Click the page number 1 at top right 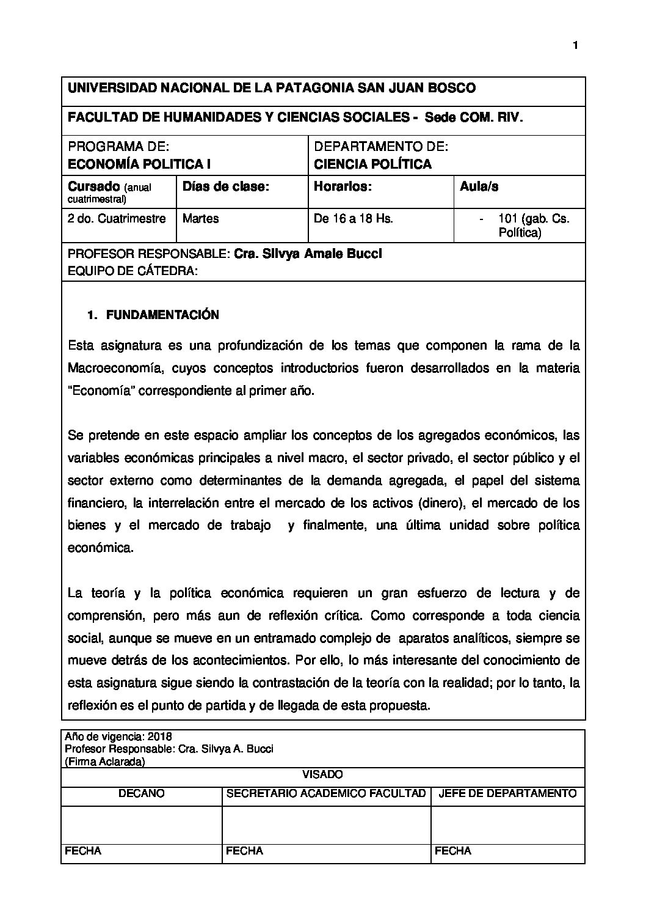pos(575,45)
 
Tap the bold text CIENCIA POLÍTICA pos(372,164)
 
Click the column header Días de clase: pos(226,187)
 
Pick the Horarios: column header pos(342,187)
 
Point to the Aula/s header pos(479,187)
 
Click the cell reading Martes pos(200,219)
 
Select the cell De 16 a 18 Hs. pos(353,219)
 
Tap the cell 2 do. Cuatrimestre pos(117,219)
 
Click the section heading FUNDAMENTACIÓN pos(162,315)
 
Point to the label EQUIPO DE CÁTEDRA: pos(132,271)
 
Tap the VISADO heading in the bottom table pos(322,775)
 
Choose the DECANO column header pos(141,794)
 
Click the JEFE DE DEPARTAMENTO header pos(507,794)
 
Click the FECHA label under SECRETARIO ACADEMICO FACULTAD pos(244,851)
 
